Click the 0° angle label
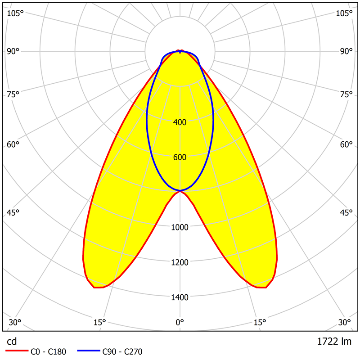click(180, 322)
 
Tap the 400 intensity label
click(180, 122)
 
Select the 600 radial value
click(180, 157)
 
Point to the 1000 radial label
click(180, 227)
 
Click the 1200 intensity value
click(180, 262)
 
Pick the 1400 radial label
click(180, 297)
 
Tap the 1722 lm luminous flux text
click(334, 342)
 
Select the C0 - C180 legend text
click(49, 352)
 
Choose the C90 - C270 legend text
click(122, 352)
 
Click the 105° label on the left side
click(15, 13)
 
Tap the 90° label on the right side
click(346, 51)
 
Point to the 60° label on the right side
click(346, 144)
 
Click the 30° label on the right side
click(345, 322)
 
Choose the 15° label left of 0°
click(100, 322)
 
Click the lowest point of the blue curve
click(180, 191)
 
